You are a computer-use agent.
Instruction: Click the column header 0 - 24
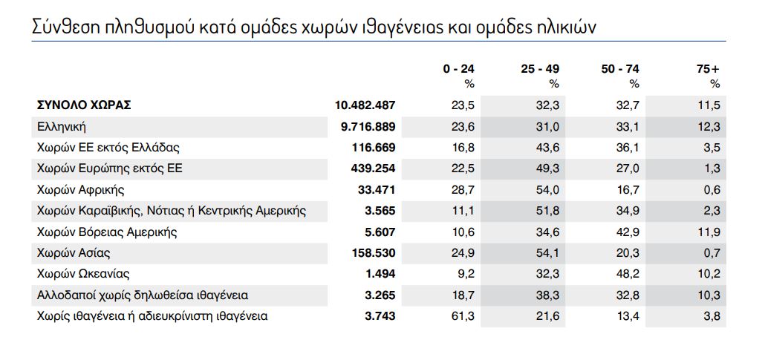point(458,69)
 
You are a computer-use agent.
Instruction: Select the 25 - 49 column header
point(540,69)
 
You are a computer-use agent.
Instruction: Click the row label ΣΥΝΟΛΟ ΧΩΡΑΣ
point(84,105)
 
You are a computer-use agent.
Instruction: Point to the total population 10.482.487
point(365,105)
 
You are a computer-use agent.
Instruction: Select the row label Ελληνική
point(62,127)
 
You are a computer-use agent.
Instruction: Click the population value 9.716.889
point(368,127)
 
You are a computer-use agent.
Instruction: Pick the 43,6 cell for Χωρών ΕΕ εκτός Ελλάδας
point(548,148)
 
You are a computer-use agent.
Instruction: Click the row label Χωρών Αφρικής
point(79,190)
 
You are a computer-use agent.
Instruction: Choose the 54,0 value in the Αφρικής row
point(548,190)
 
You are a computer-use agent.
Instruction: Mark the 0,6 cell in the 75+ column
point(712,190)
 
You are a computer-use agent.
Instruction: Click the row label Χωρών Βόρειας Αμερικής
point(107,232)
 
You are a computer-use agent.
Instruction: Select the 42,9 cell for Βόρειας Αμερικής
point(628,232)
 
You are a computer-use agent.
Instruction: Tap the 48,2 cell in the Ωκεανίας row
point(628,274)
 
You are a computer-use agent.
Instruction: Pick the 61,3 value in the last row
point(463,316)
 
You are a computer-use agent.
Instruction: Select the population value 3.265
point(380,295)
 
